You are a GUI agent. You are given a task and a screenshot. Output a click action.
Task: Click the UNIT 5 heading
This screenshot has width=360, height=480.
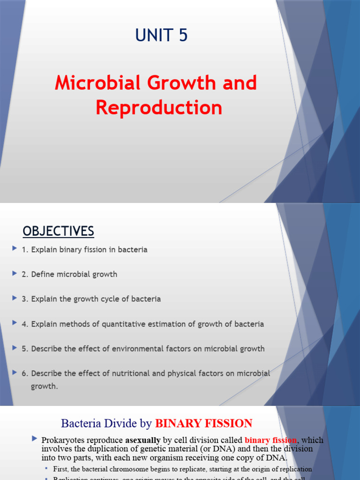(x=161, y=36)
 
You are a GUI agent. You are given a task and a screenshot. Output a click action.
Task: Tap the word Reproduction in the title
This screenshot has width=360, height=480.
(x=159, y=107)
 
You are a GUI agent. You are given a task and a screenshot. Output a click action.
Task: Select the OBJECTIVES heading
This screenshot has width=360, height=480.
(x=59, y=231)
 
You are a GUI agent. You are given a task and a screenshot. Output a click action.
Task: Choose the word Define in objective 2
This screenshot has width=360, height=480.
(x=43, y=274)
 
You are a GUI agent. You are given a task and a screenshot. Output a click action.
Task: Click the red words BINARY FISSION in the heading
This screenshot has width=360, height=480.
(x=203, y=424)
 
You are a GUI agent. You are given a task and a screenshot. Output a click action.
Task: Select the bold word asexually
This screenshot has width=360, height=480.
(x=143, y=440)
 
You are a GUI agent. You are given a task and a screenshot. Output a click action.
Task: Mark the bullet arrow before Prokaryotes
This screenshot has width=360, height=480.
(x=34, y=439)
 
